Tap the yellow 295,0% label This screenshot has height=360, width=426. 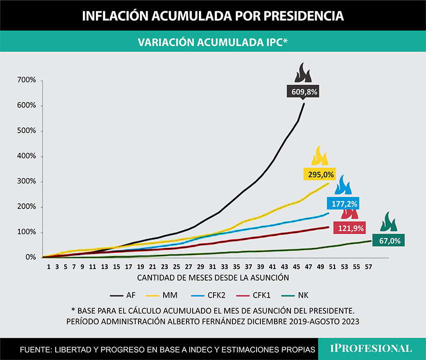point(319,174)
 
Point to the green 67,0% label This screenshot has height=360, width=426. point(389,240)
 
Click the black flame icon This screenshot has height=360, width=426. point(304,73)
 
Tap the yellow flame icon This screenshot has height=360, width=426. point(319,156)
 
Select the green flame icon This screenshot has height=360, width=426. point(388,222)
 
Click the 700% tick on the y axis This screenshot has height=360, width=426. point(27,80)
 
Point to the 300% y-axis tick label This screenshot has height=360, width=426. point(27,181)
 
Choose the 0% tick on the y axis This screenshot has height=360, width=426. point(30,257)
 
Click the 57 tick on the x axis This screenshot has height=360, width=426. point(368,267)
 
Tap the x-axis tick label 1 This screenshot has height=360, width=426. point(48,267)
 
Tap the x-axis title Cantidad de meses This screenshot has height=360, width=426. point(213,278)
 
